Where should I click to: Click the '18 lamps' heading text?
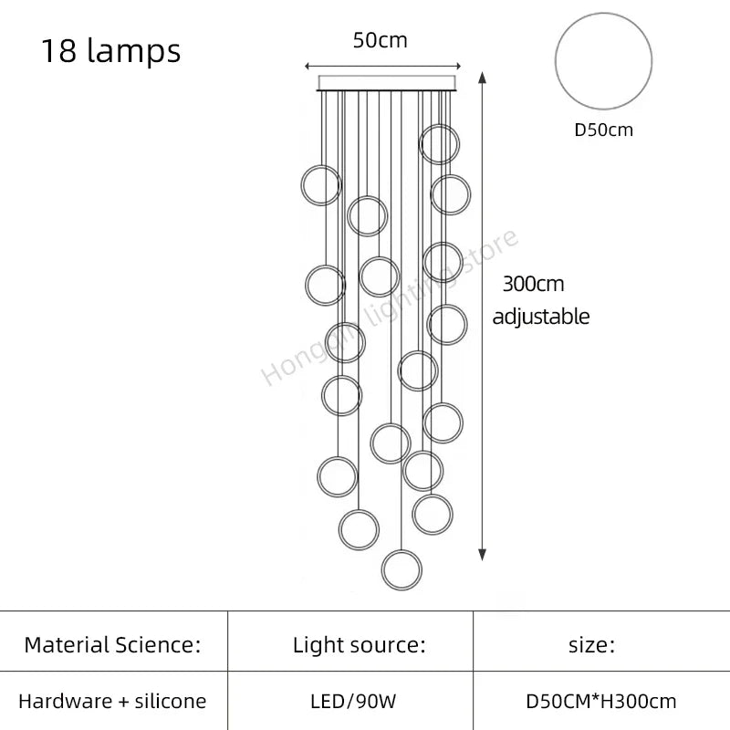[x=110, y=51]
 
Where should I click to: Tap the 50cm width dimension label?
[x=380, y=40]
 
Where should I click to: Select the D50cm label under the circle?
[x=603, y=130]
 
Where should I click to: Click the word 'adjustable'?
[x=540, y=317]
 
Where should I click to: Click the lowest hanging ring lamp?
[x=402, y=569]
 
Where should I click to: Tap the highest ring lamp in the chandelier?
[x=440, y=143]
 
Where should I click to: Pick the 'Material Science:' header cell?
[x=112, y=645]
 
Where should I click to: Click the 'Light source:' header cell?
[x=359, y=645]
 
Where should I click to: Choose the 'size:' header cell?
[x=592, y=645]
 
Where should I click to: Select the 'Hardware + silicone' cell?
[x=112, y=701]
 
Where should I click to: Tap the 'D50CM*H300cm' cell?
[x=601, y=701]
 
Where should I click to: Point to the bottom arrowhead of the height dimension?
[x=483, y=553]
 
